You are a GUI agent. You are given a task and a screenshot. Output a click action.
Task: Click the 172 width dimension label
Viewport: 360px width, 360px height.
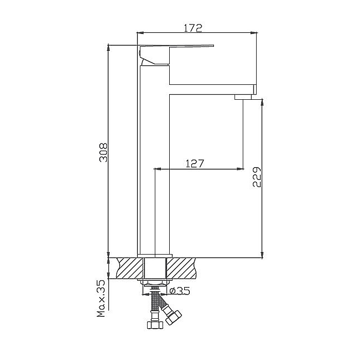point(193,28)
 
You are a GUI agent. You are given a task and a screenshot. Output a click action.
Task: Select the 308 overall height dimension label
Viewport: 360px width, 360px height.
point(103,153)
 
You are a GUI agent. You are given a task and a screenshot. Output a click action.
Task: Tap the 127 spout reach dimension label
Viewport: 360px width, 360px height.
point(194,164)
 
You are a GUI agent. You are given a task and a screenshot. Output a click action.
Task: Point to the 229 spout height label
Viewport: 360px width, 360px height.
point(257,177)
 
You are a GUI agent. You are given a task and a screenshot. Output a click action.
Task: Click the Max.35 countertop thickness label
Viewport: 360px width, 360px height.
point(101,298)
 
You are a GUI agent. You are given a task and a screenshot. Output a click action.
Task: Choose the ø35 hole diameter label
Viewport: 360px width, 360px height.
point(180,291)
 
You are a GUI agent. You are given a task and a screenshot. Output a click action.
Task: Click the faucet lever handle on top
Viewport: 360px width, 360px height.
point(177,55)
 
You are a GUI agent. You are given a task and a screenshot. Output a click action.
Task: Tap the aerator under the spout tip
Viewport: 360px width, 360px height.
point(243,97)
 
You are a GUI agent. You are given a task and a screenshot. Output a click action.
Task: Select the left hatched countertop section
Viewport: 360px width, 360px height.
point(130,268)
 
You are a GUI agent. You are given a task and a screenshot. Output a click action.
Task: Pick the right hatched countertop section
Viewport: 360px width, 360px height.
point(182,268)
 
